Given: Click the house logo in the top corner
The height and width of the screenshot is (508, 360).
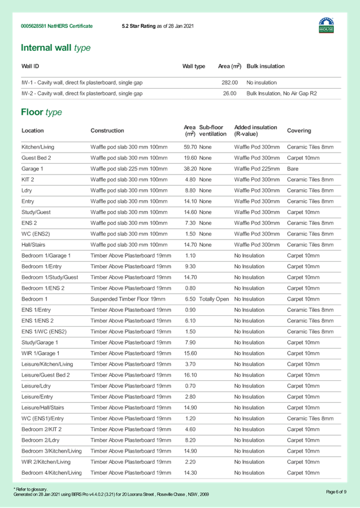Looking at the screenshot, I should (326, 25).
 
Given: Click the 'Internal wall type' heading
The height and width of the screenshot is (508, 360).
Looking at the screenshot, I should (55, 48).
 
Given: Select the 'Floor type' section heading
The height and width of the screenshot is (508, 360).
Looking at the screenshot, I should (41, 112).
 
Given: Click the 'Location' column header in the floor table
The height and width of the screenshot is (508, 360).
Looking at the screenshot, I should (33, 131).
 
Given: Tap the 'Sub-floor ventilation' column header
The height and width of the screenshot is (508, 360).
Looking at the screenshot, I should (213, 131).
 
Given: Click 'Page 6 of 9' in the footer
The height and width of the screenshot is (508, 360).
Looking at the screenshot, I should (336, 492).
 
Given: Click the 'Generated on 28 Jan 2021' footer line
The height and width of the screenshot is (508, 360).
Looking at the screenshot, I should (111, 494).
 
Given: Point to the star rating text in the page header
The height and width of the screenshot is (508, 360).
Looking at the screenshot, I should (157, 26).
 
